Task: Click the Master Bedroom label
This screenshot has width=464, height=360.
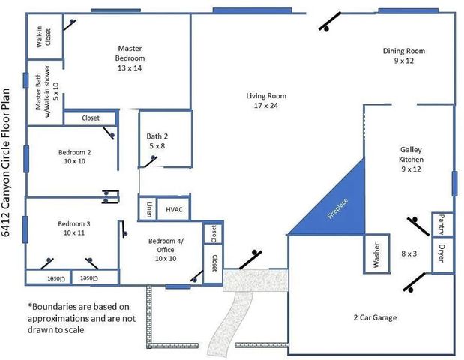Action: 130,58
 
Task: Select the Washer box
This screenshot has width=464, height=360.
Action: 376,254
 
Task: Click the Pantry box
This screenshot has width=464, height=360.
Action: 442,223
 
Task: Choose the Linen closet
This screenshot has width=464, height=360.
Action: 148,209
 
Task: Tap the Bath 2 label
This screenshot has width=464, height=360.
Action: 157,141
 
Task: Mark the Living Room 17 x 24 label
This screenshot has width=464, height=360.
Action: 266,100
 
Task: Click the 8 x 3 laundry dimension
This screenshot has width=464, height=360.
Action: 409,254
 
